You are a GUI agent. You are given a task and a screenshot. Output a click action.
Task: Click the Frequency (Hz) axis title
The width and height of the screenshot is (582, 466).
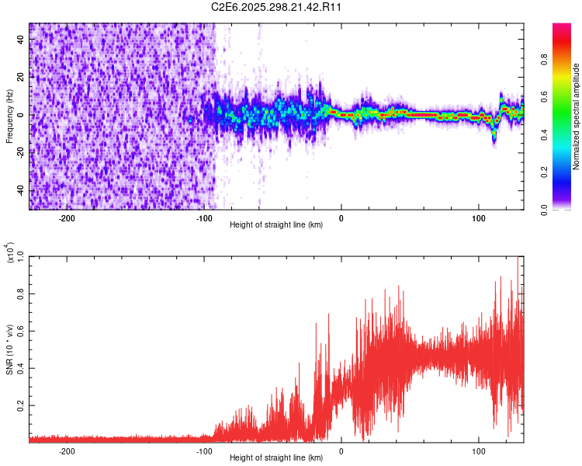(9, 116)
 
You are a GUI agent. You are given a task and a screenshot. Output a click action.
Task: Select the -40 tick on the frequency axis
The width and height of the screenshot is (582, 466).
(19, 191)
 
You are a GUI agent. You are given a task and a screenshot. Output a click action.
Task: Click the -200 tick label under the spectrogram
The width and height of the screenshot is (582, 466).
(67, 218)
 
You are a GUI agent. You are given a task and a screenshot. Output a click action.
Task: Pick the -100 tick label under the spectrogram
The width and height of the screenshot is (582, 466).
(204, 218)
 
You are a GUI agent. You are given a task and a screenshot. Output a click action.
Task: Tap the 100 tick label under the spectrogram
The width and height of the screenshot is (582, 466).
(478, 218)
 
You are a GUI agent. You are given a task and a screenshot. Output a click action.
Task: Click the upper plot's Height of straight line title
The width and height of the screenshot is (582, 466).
(277, 225)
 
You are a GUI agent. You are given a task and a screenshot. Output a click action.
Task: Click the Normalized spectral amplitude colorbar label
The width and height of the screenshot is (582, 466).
(577, 116)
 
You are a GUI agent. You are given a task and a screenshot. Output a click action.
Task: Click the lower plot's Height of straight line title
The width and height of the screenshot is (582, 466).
(277, 458)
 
